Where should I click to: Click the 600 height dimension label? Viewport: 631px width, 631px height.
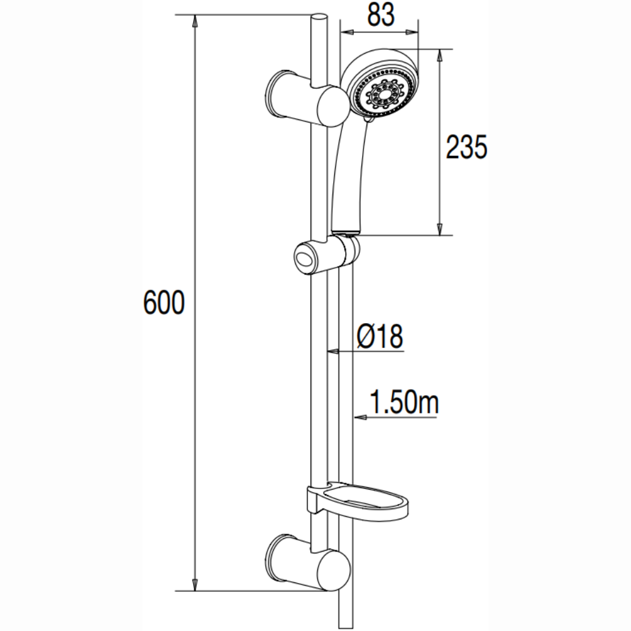coord(164,302)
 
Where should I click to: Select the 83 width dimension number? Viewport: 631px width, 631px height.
coord(380,15)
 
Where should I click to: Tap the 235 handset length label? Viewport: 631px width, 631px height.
coord(466,146)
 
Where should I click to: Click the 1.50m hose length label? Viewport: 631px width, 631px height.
coord(404,401)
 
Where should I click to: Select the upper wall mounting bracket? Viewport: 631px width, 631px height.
coord(309,98)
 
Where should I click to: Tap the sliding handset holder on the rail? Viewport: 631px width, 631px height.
coord(327,256)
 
